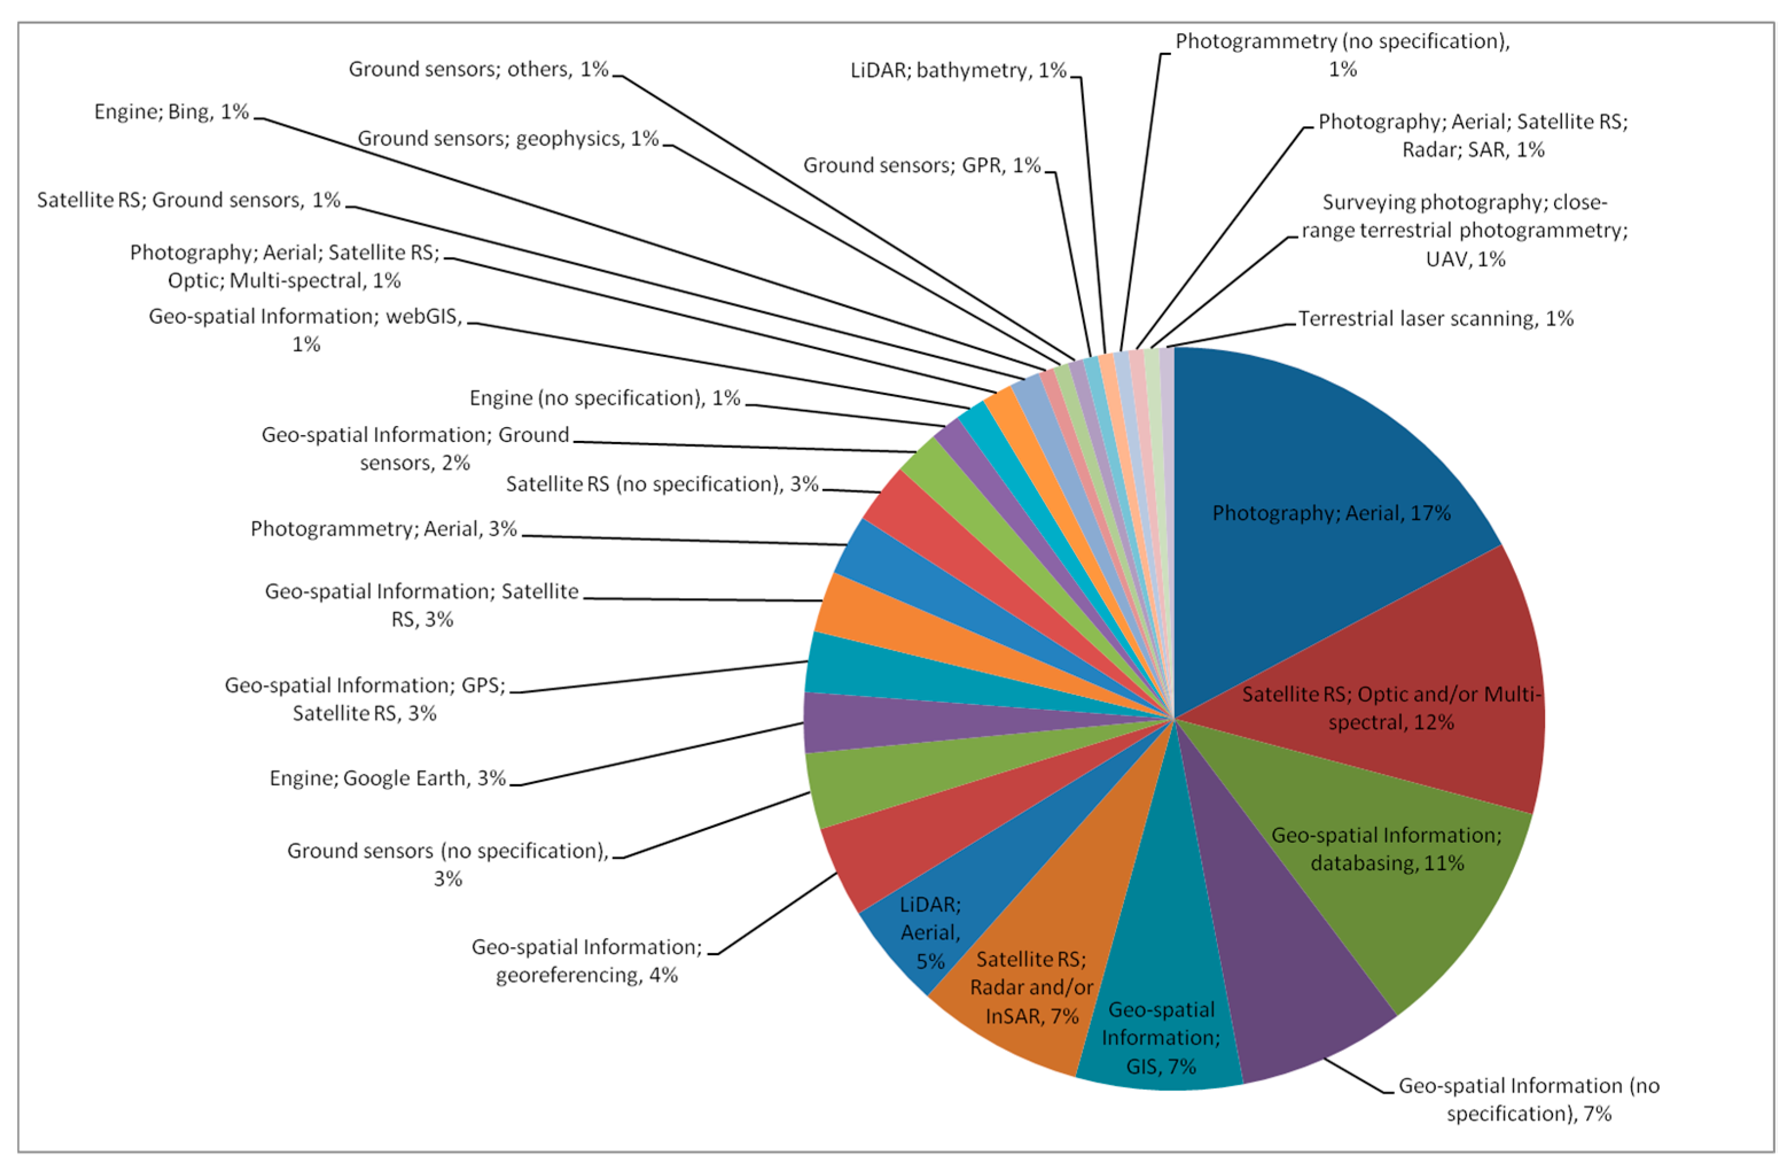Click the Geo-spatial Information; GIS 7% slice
pos(1161,1037)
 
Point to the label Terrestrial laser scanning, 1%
pos(1435,319)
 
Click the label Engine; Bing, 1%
pos(171,112)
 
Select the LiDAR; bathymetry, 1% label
pos(958,71)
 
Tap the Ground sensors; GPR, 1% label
pos(922,165)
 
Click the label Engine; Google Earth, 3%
pos(388,778)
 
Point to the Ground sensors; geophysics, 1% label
pos(508,139)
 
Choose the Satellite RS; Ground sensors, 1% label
pos(189,200)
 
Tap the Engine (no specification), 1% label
pos(605,397)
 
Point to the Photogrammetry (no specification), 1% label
pos(1343,55)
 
